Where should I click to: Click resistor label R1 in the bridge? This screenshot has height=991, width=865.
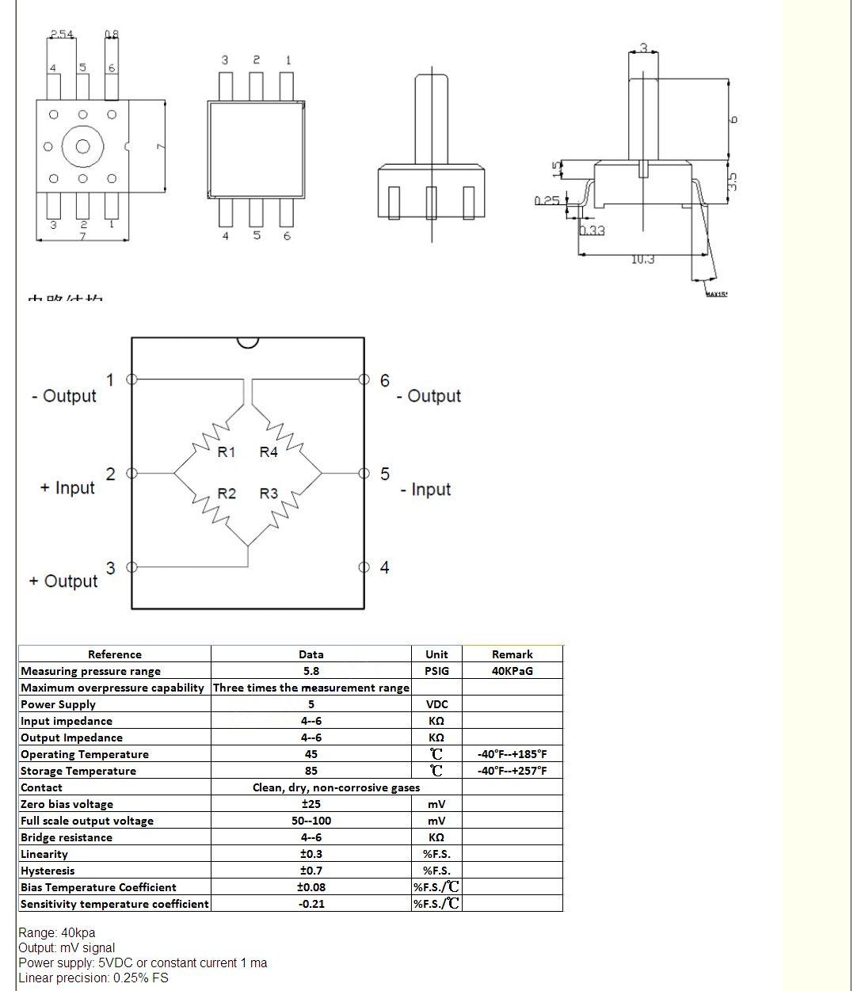(x=227, y=452)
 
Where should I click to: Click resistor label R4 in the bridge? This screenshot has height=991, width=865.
(x=269, y=452)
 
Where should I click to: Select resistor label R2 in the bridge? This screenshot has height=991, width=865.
(x=227, y=494)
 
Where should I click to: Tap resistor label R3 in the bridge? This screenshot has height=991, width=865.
(x=269, y=494)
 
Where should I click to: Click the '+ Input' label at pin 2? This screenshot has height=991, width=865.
(x=67, y=488)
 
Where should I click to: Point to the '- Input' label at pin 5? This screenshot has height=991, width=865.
(x=425, y=490)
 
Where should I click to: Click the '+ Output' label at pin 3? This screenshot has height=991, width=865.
(x=63, y=581)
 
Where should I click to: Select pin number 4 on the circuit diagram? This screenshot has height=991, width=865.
(x=384, y=567)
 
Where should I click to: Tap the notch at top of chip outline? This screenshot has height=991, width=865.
(x=248, y=342)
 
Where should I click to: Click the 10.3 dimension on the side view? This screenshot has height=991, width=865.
(x=642, y=260)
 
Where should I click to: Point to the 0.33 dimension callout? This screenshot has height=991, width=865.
(x=592, y=231)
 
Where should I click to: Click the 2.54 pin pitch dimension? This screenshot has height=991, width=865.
(x=62, y=34)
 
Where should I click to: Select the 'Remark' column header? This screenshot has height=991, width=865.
(x=512, y=654)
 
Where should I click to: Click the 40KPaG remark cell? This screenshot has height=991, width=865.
(x=512, y=671)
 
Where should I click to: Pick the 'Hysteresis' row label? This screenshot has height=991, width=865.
(x=48, y=871)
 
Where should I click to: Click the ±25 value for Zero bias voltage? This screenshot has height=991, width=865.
(x=311, y=804)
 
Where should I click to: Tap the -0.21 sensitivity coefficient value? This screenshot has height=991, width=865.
(x=311, y=904)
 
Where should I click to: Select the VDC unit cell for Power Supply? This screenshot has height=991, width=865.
(x=436, y=704)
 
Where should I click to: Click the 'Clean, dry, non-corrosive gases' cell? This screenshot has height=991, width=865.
(x=336, y=787)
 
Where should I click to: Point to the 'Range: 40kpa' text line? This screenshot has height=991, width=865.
(x=57, y=932)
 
